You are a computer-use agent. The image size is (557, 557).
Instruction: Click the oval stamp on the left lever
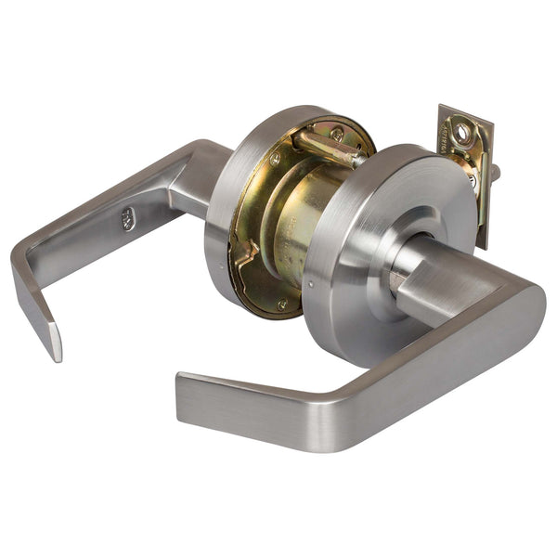[x=127, y=220]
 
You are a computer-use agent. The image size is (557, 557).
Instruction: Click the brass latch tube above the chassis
[x=330, y=149]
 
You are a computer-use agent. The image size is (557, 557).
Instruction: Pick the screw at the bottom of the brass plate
[x=282, y=304]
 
